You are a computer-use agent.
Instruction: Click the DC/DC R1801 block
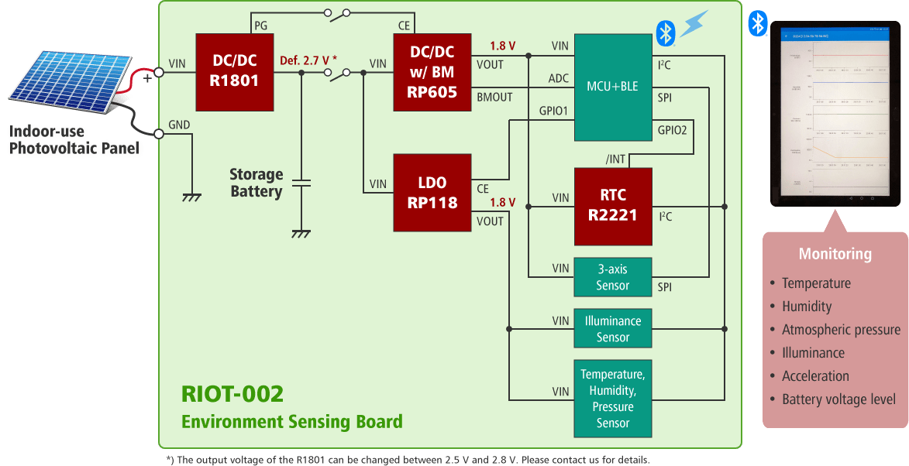pyautogui.click(x=235, y=72)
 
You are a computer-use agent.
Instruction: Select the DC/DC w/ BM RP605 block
pyautogui.click(x=432, y=72)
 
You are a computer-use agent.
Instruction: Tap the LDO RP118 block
pyautogui.click(x=432, y=193)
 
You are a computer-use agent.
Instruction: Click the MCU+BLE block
pyautogui.click(x=612, y=87)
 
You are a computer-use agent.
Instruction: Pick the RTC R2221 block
pyautogui.click(x=612, y=206)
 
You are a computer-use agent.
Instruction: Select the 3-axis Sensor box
pyautogui.click(x=612, y=277)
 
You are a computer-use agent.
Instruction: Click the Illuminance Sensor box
pyautogui.click(x=612, y=329)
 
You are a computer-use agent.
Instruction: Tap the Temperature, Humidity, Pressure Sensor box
pyautogui.click(x=612, y=399)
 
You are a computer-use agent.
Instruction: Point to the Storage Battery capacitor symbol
pyautogui.click(x=301, y=184)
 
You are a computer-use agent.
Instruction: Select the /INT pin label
pyautogui.click(x=615, y=159)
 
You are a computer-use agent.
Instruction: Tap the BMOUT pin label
pyautogui.click(x=494, y=98)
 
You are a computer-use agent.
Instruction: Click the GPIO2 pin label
pyautogui.click(x=672, y=130)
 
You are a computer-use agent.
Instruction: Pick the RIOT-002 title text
pyautogui.click(x=232, y=393)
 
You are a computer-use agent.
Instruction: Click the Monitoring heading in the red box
pyautogui.click(x=835, y=254)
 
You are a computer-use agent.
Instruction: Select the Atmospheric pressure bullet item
pyautogui.click(x=840, y=330)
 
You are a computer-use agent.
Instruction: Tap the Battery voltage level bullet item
pyautogui.click(x=838, y=399)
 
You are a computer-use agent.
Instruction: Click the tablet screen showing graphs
pyautogui.click(x=835, y=114)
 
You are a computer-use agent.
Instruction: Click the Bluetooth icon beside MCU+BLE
pyautogui.click(x=665, y=33)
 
